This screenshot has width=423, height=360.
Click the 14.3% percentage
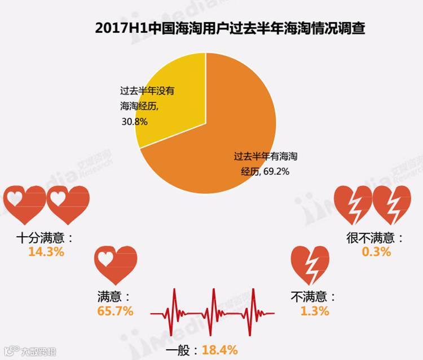[46, 252]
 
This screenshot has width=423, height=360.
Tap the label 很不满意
[375, 238]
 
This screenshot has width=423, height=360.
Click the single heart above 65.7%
[116, 264]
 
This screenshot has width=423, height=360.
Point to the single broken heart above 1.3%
[310, 265]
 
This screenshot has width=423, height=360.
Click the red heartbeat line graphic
[213, 312]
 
